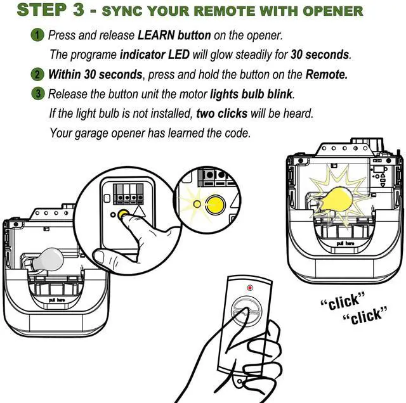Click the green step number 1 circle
point(39,34)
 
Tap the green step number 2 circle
point(39,74)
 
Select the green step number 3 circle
point(39,94)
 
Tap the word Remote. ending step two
point(326,74)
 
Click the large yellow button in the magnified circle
point(216,204)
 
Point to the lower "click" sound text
point(363,314)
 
